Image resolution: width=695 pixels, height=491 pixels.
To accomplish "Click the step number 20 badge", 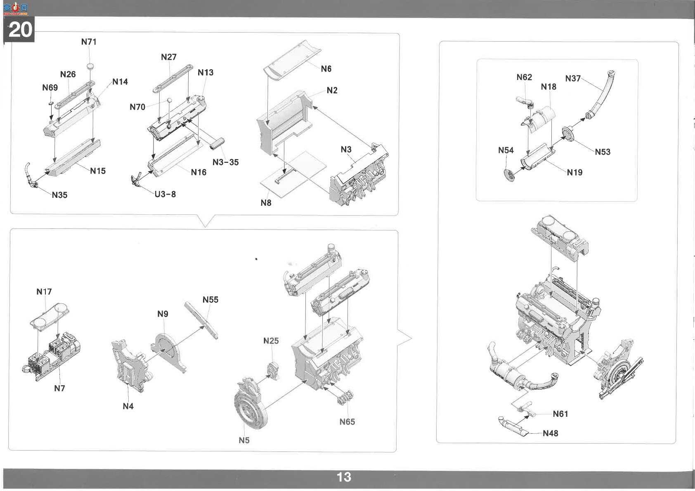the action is (19, 29).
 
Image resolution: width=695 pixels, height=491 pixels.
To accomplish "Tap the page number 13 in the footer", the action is (344, 477).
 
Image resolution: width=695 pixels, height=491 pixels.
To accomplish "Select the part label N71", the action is (89, 42).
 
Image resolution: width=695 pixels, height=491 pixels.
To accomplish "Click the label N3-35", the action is (226, 162).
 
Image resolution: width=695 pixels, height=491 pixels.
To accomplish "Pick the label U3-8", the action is (165, 194).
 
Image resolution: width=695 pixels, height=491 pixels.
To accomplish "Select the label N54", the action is (506, 150).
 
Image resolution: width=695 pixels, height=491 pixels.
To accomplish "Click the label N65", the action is (347, 422).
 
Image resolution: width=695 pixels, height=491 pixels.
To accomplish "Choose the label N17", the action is (44, 292).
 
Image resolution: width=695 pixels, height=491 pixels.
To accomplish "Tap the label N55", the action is (210, 300).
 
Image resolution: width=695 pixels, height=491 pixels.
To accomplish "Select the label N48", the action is (551, 433).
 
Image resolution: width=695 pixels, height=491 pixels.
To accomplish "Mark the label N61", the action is (560, 414).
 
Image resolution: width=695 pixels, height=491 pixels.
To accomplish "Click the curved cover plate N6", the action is (292, 59).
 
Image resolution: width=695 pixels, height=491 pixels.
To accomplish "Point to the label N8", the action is (266, 203).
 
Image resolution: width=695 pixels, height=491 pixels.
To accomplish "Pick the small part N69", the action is (51, 103).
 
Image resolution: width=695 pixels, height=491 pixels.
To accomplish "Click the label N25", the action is (271, 341).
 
